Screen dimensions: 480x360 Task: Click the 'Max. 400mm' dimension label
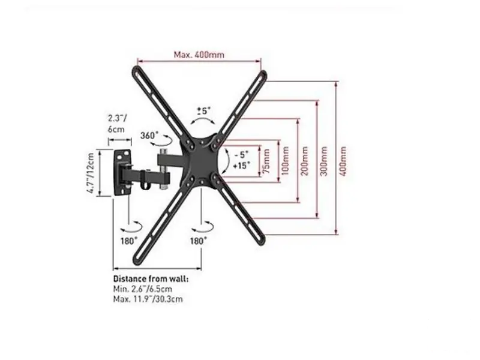pyautogui.click(x=199, y=55)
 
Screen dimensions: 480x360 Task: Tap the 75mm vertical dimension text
pyautogui.click(x=266, y=161)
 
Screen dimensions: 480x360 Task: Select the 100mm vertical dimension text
pyautogui.click(x=285, y=161)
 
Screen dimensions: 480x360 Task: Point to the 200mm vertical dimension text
pyautogui.click(x=304, y=161)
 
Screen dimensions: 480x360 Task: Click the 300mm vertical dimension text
pyautogui.click(x=323, y=161)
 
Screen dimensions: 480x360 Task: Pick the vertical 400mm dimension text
pyautogui.click(x=343, y=161)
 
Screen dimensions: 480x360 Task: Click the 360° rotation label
pyautogui.click(x=149, y=136)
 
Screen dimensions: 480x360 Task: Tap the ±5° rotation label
pyautogui.click(x=204, y=110)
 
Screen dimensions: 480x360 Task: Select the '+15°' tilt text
pyautogui.click(x=241, y=166)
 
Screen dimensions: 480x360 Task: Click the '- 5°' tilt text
pyautogui.click(x=242, y=155)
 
